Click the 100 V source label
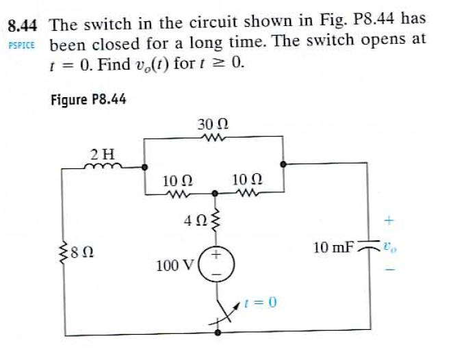pos(174,264)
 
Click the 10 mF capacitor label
pos(332,247)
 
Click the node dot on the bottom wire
pos(218,333)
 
